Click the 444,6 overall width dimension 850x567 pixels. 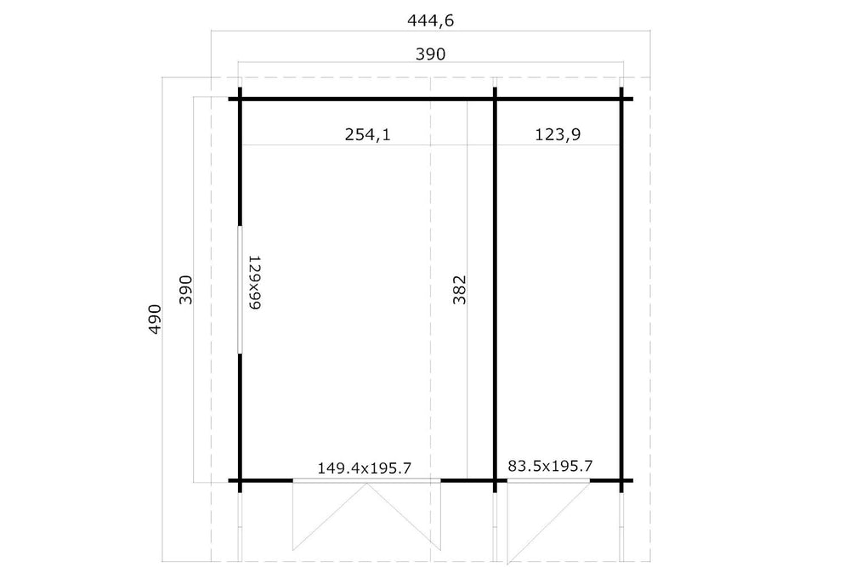coord(430,20)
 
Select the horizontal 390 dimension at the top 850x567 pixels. coord(430,54)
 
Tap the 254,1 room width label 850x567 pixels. coord(367,134)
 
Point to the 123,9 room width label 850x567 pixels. coord(558,134)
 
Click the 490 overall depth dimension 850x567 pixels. coord(155,320)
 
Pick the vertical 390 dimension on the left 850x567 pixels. coord(185,290)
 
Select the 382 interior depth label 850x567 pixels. coord(459,290)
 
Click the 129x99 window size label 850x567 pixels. coord(255,282)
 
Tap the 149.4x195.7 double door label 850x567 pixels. coord(365,468)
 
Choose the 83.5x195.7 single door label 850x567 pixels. coord(550,466)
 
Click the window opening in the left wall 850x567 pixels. coord(240,290)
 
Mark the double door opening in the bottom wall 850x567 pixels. coord(367,480)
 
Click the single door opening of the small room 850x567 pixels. coord(548,480)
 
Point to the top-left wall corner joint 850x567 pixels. coord(240,99)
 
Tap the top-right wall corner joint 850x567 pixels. coord(622,99)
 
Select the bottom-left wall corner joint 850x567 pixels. coord(240,480)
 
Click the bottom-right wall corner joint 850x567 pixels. coord(622,480)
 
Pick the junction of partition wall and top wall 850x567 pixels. coord(495,99)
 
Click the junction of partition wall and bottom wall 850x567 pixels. coord(495,480)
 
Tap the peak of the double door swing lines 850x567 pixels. coord(367,484)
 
